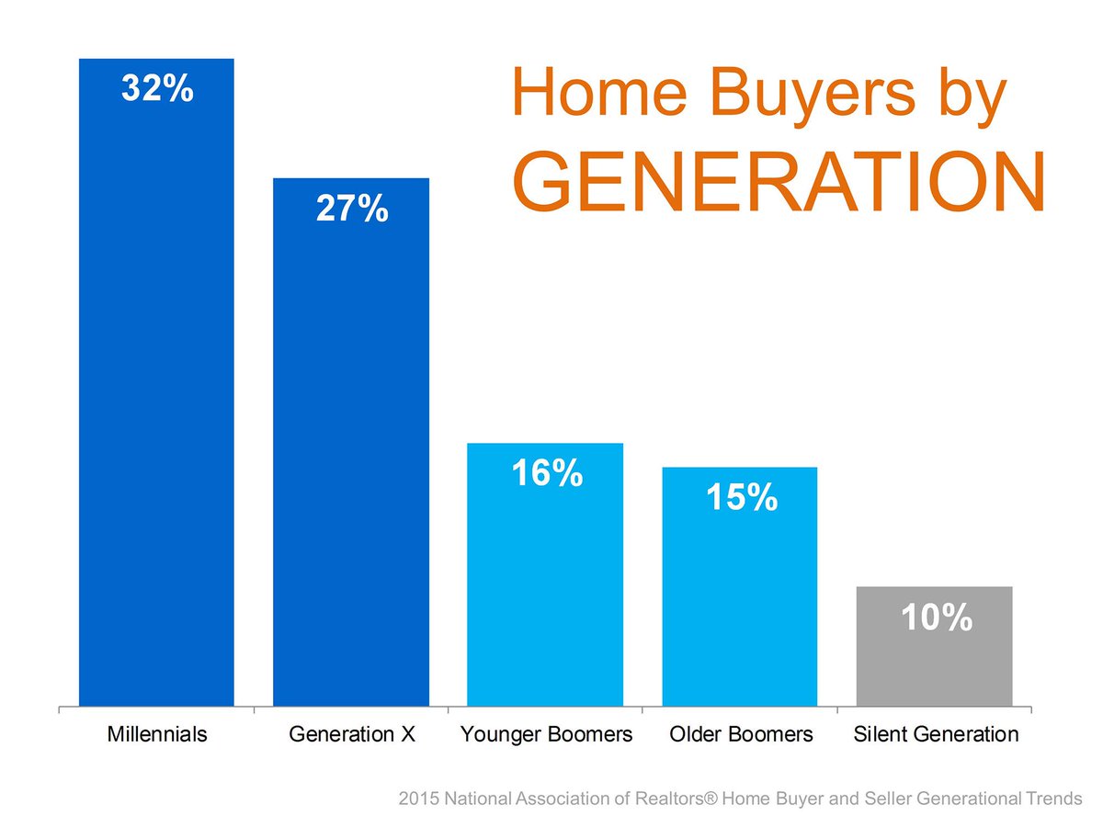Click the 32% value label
pos(156,91)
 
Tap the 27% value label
pos(351,210)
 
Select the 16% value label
pos(546,474)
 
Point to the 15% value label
pos(741,498)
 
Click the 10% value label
pos(936,618)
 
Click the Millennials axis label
pos(156,735)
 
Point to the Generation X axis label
pos(351,735)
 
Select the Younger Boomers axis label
pos(546,735)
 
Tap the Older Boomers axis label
pos(741,735)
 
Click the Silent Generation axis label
pos(936,735)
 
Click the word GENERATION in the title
pos(778,182)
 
